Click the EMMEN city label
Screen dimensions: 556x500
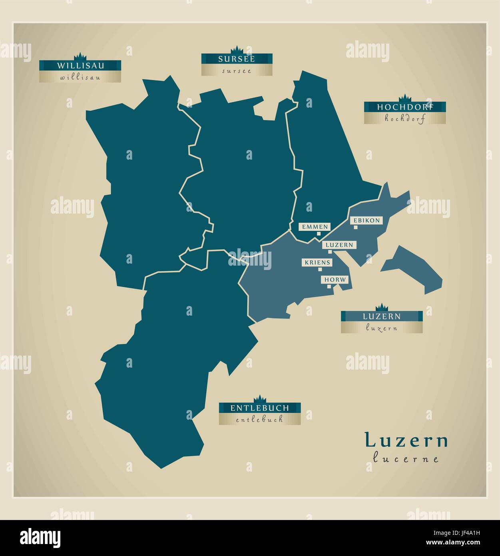click(315, 227)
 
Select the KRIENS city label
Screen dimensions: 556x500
click(317, 262)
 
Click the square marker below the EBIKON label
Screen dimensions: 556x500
click(355, 228)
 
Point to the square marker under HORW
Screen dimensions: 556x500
click(329, 286)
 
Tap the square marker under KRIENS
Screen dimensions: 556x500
click(320, 270)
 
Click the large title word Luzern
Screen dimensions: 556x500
click(406, 440)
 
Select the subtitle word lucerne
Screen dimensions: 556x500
click(406, 458)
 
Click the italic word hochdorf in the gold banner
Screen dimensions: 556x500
click(404, 118)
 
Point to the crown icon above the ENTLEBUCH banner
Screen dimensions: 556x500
click(259, 399)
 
